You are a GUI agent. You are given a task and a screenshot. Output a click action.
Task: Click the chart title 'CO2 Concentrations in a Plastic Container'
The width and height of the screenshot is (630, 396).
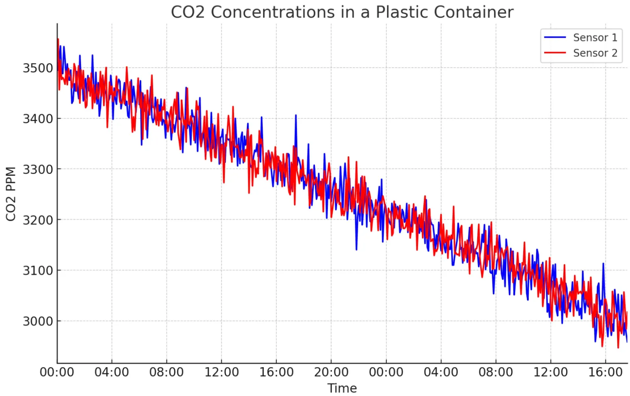[x=342, y=12]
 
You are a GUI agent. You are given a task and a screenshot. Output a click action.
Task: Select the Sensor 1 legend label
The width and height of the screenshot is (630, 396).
[x=595, y=38]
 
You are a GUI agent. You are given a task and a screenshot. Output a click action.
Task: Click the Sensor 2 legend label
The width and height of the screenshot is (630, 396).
[x=595, y=53]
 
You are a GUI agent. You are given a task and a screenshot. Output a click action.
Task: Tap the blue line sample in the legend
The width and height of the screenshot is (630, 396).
[x=555, y=38]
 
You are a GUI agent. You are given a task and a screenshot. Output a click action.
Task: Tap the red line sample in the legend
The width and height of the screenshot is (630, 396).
[x=555, y=53]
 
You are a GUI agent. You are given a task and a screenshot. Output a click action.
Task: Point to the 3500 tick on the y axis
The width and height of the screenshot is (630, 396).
[x=37, y=68]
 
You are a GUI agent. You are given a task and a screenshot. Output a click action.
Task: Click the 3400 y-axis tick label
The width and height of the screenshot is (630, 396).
[x=37, y=119]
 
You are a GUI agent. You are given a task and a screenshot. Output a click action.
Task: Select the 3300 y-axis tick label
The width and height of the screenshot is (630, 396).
[x=37, y=169]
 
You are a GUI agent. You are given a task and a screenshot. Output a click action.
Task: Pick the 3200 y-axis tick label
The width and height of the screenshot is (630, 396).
[x=37, y=220]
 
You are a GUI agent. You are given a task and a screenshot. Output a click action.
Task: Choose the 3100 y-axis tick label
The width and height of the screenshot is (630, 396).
[x=37, y=271]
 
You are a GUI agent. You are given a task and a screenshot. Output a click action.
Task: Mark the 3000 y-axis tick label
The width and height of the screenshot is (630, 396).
[x=37, y=321]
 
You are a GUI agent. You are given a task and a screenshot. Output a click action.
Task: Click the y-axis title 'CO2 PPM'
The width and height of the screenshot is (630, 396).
[x=11, y=194]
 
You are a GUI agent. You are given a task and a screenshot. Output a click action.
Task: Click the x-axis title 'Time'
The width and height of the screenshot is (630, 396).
[x=342, y=388]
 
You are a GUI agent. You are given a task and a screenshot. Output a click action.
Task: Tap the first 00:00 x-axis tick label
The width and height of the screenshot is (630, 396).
[x=57, y=372]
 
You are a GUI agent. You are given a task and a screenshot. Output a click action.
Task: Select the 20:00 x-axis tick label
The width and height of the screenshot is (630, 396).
[x=331, y=372]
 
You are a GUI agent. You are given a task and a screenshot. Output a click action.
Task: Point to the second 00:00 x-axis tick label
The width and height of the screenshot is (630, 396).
[x=386, y=372]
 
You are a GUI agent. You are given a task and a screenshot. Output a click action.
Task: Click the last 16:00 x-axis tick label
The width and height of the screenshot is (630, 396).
[x=605, y=372]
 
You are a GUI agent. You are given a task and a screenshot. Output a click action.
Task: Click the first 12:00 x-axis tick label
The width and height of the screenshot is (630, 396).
[x=221, y=372]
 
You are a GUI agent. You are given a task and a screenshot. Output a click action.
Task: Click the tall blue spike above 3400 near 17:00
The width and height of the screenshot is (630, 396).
[x=296, y=116]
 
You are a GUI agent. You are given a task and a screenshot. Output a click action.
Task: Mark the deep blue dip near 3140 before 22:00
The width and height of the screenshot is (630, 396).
[x=356, y=249]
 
